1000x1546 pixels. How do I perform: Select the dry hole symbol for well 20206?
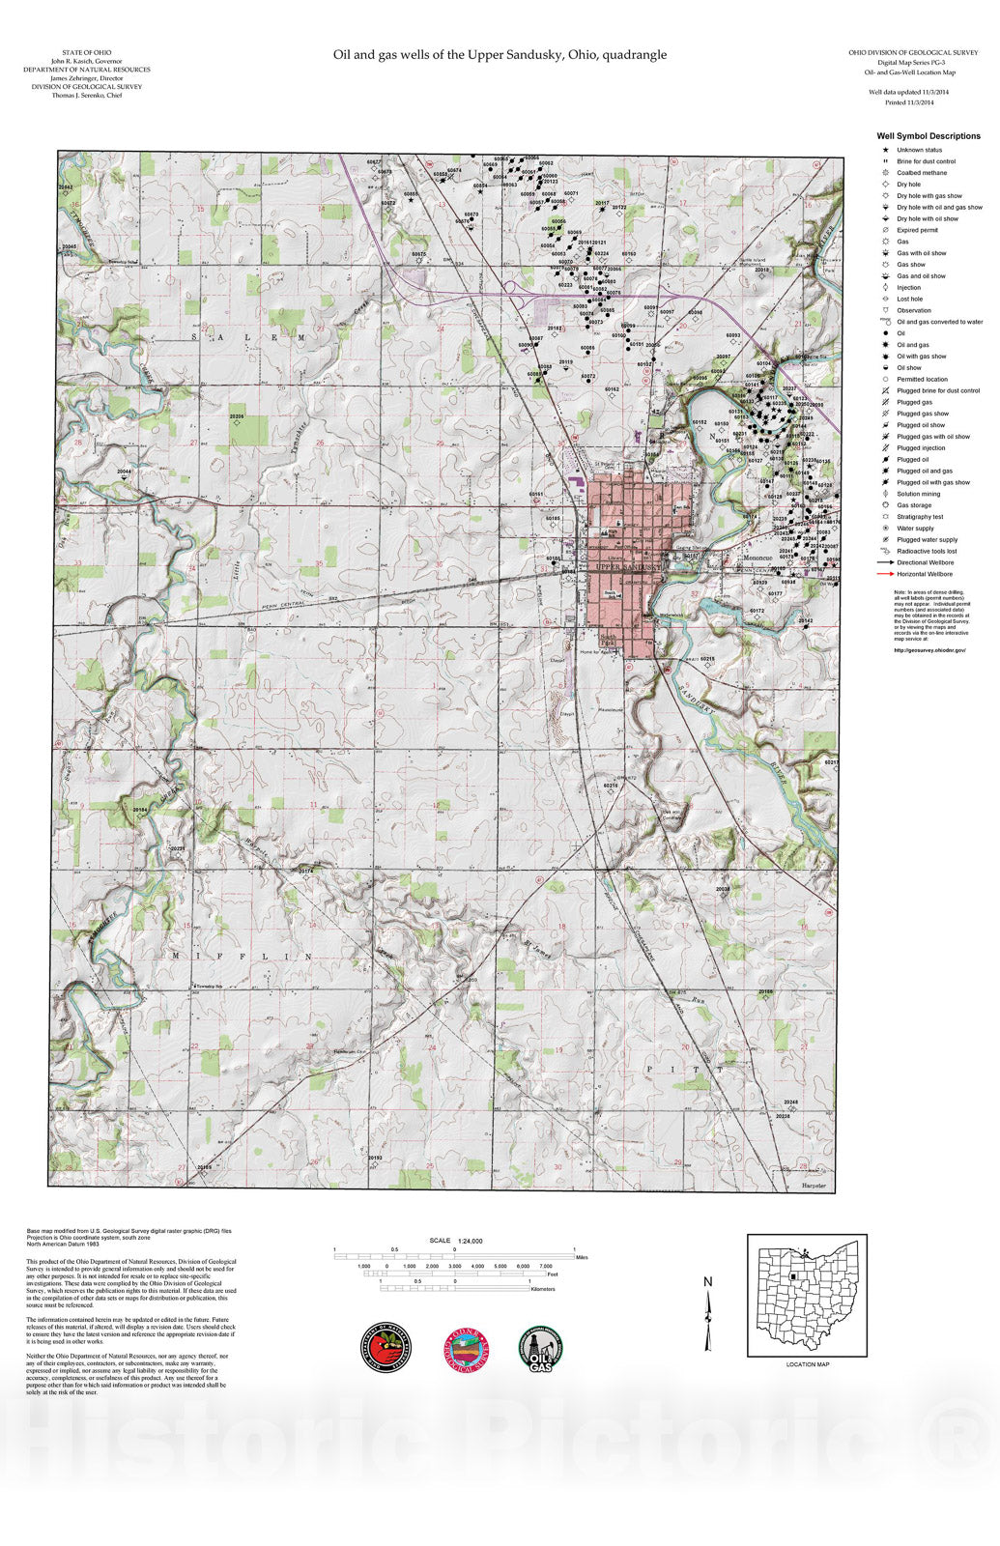click(237, 424)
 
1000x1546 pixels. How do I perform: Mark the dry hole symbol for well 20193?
click(377, 1164)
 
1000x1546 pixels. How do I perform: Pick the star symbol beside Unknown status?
click(885, 150)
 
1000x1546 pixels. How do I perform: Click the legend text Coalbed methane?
click(922, 173)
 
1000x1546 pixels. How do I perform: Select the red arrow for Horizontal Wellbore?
click(885, 574)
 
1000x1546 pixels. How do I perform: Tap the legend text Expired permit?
click(917, 230)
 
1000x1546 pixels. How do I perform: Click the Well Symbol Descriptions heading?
click(929, 136)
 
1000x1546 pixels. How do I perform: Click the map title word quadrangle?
click(634, 55)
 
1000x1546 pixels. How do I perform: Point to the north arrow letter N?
click(707, 1282)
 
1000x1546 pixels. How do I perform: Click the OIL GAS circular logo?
click(544, 1347)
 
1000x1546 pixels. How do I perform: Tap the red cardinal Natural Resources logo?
click(386, 1347)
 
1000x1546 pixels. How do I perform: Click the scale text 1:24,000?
click(471, 1241)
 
